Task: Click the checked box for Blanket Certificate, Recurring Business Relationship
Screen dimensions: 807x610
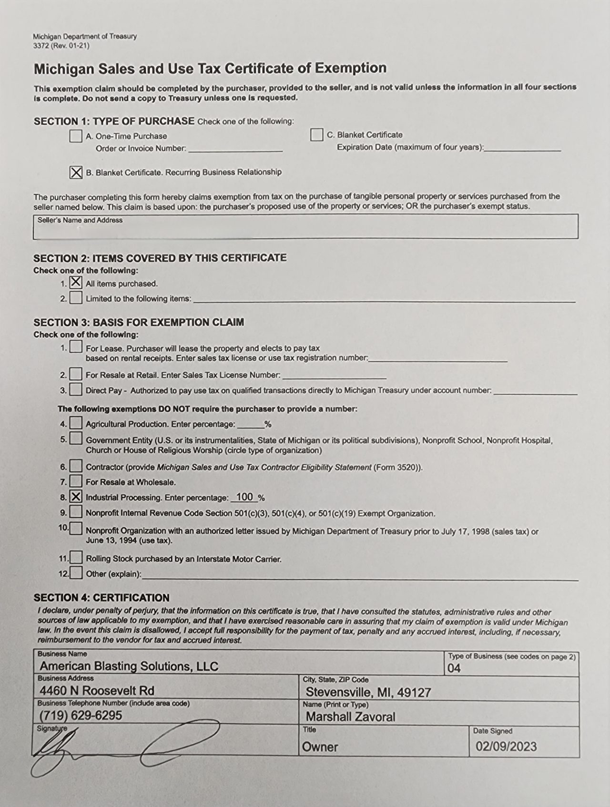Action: click(x=76, y=172)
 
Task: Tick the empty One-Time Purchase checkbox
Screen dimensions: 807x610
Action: click(x=76, y=136)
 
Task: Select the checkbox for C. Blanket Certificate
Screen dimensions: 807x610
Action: click(x=316, y=135)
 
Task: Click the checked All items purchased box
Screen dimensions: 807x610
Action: click(x=76, y=282)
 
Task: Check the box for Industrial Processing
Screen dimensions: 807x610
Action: click(x=76, y=497)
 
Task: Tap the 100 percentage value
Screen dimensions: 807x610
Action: click(x=244, y=497)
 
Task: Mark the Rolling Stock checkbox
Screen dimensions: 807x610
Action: click(x=76, y=558)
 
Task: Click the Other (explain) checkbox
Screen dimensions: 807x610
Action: click(x=76, y=573)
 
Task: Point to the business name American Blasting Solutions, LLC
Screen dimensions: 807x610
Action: click(x=129, y=666)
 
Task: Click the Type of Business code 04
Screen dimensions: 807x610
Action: click(x=454, y=668)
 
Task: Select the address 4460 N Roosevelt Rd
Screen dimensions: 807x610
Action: click(x=97, y=691)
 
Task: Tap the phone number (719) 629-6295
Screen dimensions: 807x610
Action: click(x=81, y=715)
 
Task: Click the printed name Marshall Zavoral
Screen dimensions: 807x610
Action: click(x=351, y=717)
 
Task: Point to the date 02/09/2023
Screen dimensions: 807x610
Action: click(x=506, y=746)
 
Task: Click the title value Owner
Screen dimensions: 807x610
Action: click(x=320, y=747)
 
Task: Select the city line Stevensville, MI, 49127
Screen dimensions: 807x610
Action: click(x=368, y=692)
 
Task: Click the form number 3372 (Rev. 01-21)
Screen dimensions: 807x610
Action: click(x=61, y=46)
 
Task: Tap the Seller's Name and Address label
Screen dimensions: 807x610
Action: click(x=80, y=220)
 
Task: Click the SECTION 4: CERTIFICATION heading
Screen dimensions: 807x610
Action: click(x=102, y=598)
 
